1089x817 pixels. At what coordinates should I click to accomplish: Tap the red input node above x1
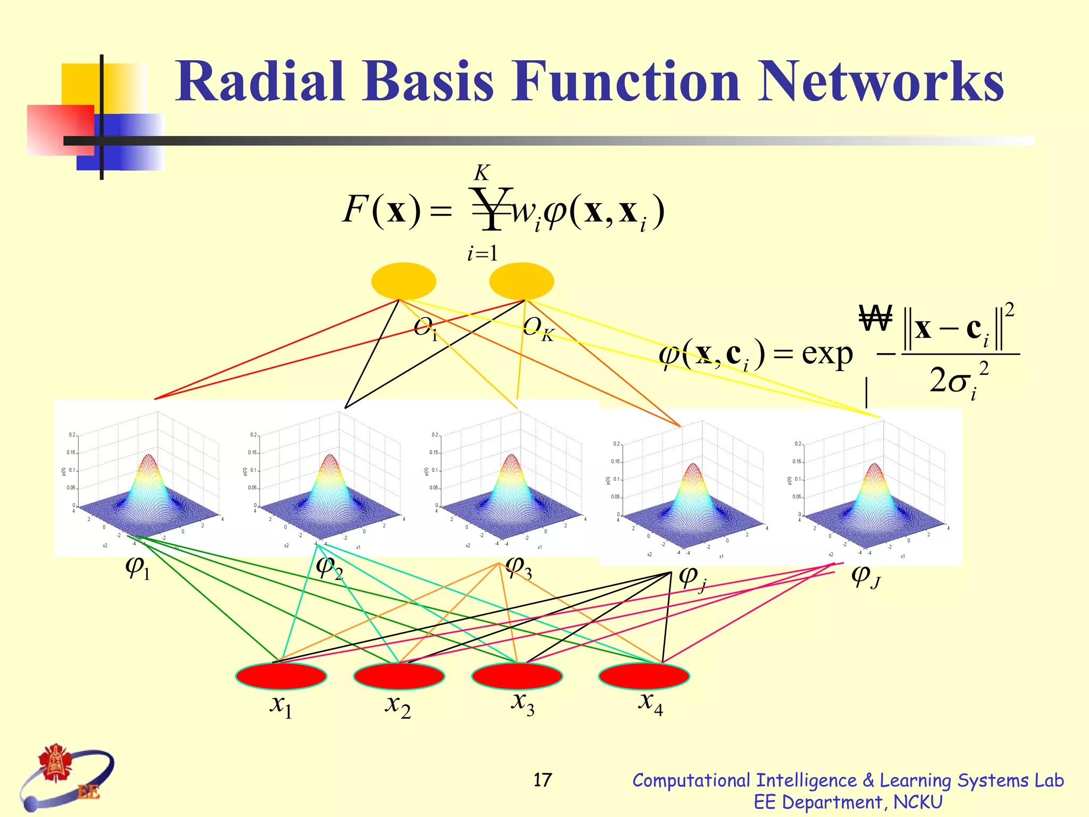pyautogui.click(x=281, y=676)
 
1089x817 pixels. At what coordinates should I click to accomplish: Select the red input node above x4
pyautogui.click(x=644, y=676)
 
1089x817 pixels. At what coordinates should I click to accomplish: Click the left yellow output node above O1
pyautogui.click(x=404, y=281)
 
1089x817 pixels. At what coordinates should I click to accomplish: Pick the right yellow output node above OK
pyautogui.click(x=522, y=281)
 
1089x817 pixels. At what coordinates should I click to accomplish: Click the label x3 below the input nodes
pyautogui.click(x=523, y=703)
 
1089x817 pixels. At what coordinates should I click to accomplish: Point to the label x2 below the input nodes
pyautogui.click(x=398, y=705)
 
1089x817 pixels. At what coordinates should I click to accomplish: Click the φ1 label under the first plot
pyautogui.click(x=138, y=568)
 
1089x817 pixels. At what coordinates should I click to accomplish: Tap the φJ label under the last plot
pyautogui.click(x=866, y=577)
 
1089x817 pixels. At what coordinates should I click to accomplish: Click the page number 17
pyautogui.click(x=542, y=780)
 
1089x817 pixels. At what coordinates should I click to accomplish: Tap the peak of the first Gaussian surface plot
pyautogui.click(x=149, y=456)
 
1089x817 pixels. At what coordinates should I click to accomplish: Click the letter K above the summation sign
pyautogui.click(x=482, y=173)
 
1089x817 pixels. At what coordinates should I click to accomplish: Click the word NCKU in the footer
pyautogui.click(x=918, y=802)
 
